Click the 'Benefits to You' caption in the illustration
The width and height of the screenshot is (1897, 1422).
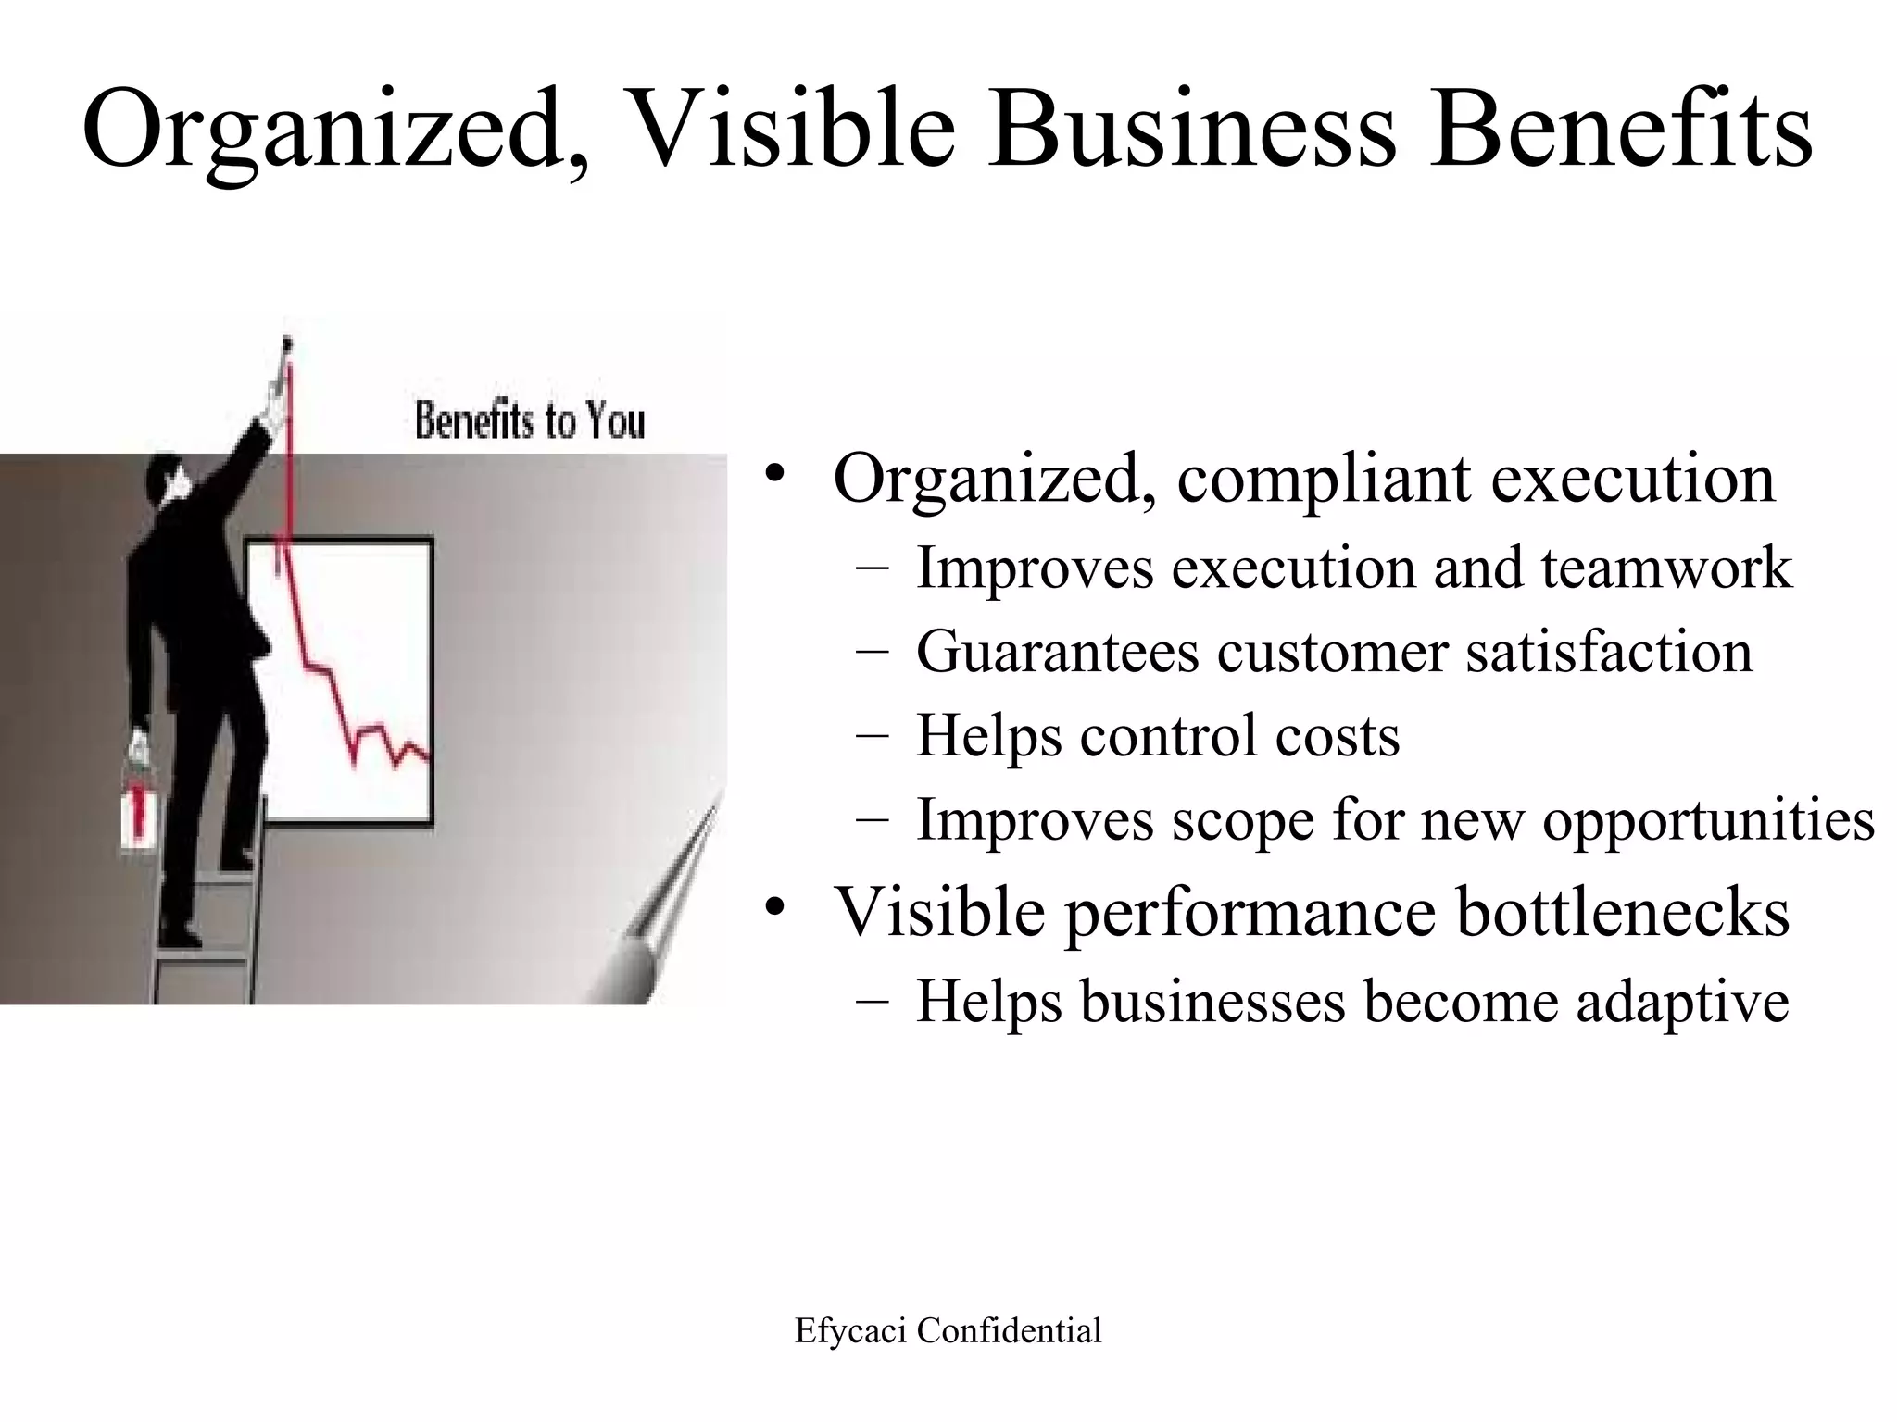coord(529,421)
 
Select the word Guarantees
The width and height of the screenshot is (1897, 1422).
coord(1057,651)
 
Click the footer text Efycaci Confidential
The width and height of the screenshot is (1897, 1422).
coord(948,1330)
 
